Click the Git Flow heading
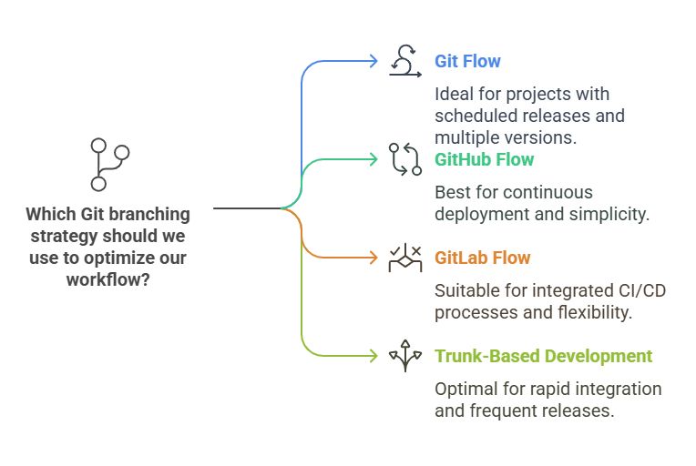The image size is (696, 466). click(467, 62)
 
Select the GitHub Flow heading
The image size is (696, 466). click(484, 159)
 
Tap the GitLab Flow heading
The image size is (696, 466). click(482, 258)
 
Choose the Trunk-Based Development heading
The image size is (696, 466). click(543, 356)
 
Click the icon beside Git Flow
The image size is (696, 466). click(404, 62)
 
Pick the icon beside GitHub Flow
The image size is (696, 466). click(404, 159)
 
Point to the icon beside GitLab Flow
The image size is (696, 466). click(404, 258)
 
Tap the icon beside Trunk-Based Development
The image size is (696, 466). click(404, 356)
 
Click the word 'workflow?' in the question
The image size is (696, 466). click(108, 280)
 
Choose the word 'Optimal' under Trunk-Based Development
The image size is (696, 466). click(466, 389)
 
